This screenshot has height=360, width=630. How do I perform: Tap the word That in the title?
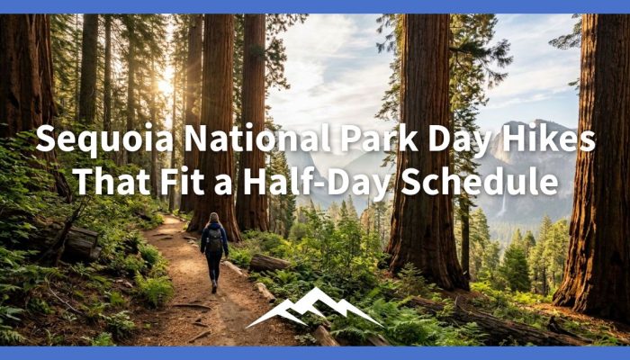[x=112, y=183]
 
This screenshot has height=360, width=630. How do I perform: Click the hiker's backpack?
[x=214, y=239]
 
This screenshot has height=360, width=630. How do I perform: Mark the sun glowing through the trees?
[x=166, y=85]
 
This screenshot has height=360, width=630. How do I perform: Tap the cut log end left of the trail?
[x=85, y=241]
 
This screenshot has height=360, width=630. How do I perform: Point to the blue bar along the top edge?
[x=315, y=6]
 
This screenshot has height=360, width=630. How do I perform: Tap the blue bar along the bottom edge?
[x=315, y=353]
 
